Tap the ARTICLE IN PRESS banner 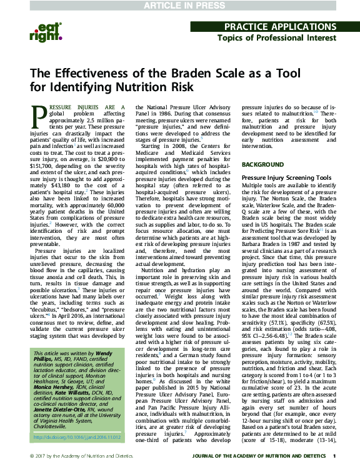(x=179, y=6)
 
